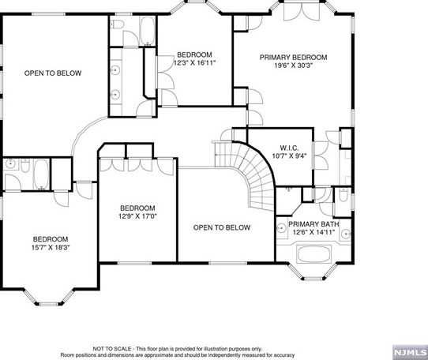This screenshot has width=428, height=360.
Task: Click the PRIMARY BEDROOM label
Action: [293, 58]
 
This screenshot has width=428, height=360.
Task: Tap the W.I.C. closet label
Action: [289, 148]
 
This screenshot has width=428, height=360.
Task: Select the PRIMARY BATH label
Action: [313, 224]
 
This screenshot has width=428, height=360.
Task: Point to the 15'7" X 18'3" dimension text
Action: [51, 248]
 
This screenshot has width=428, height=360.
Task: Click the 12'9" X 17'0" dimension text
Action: [137, 216]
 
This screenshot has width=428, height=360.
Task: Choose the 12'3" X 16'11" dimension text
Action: [194, 63]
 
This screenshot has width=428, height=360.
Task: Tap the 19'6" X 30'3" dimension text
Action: [293, 66]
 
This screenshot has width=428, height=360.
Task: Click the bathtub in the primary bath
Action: [313, 255]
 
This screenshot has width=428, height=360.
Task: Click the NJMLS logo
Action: [410, 352]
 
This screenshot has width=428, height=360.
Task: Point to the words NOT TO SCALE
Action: [112, 349]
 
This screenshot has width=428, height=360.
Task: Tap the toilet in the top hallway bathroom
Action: [118, 24]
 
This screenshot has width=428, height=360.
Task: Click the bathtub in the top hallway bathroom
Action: [148, 31]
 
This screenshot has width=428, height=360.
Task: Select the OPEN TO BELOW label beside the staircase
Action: [222, 227]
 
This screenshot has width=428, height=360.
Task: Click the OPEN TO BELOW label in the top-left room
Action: [53, 73]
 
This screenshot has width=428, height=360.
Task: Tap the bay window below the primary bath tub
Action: [313, 272]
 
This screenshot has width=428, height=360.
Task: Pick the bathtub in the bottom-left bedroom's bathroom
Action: [42, 174]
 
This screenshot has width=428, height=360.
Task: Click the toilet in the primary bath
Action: [344, 195]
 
